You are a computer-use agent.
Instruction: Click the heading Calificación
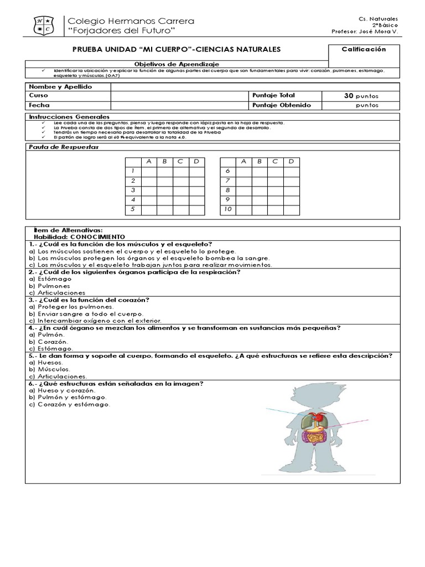pos(364,49)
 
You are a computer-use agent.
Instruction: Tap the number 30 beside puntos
pos(349,96)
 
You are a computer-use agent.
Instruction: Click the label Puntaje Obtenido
pos(281,105)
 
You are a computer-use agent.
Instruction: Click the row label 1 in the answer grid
pos(133,171)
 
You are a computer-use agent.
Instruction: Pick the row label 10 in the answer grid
pos(227,209)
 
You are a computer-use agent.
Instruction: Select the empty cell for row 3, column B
pos(165,190)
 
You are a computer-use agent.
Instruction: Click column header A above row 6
pos(243,162)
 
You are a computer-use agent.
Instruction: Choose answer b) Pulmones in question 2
pos(55,286)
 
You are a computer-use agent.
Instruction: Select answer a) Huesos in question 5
pos(50,362)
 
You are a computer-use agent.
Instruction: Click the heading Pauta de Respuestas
pos(55,147)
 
